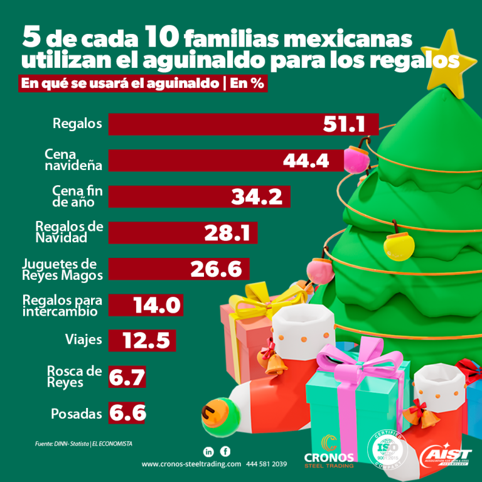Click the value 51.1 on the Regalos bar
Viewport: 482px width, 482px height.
tap(344, 124)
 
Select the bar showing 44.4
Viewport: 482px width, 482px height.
tap(226, 161)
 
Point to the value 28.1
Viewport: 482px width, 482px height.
tap(227, 233)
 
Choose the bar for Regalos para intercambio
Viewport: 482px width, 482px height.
tap(146, 306)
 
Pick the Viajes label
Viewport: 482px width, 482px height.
tap(83, 341)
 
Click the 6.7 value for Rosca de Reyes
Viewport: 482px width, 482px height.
tap(127, 377)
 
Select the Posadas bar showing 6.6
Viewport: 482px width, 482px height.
tap(127, 414)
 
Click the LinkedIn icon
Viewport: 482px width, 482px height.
tap(209, 451)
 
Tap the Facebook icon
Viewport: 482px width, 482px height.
tap(225, 451)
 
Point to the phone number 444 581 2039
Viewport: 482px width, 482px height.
tap(267, 464)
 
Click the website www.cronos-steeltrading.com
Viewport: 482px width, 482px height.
tap(191, 464)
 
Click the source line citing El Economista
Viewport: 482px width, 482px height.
tap(83, 444)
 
